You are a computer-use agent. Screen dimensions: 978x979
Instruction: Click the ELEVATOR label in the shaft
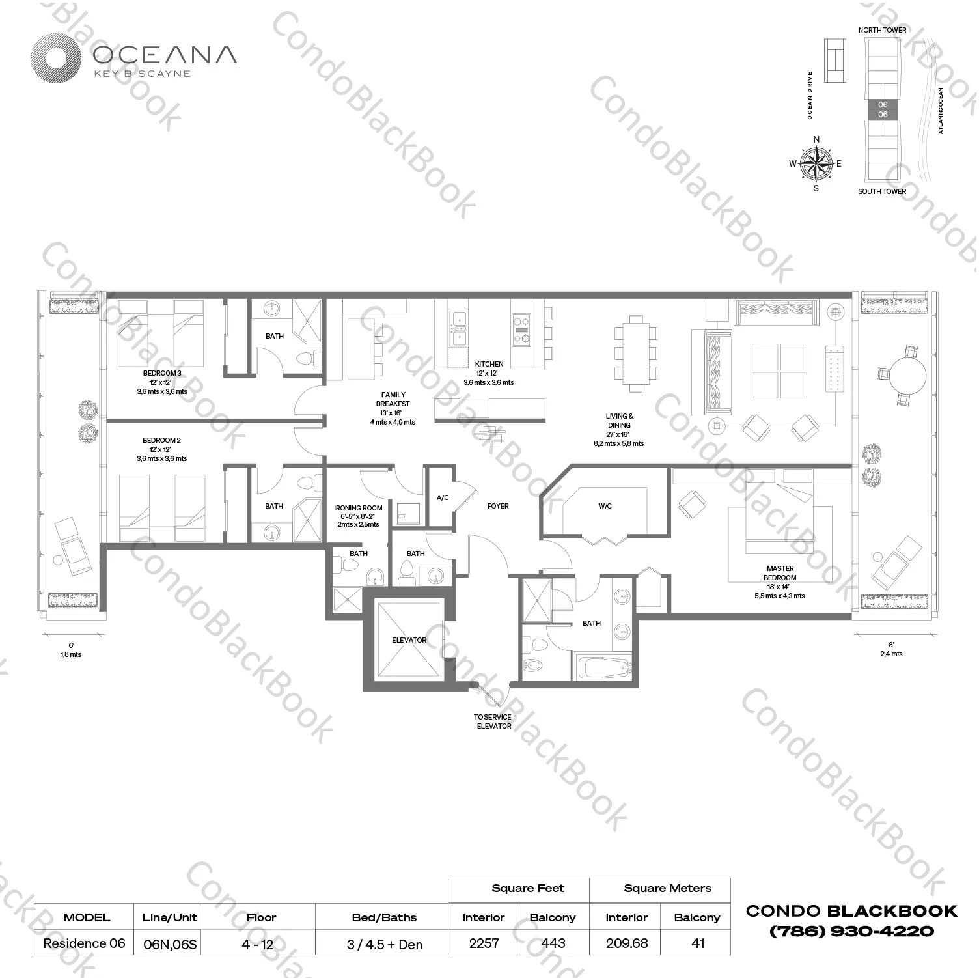click(409, 640)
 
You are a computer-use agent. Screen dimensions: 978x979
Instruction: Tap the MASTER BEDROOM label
click(780, 573)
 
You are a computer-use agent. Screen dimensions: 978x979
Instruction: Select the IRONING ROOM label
click(358, 508)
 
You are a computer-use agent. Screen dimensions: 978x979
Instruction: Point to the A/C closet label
click(443, 498)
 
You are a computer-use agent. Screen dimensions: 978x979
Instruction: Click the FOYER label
click(498, 506)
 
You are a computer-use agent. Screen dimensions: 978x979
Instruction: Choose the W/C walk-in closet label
click(605, 506)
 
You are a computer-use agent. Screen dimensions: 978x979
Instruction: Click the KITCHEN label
click(489, 364)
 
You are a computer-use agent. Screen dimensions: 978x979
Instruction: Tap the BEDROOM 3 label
click(162, 373)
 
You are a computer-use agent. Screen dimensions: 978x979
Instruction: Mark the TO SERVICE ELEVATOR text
click(493, 721)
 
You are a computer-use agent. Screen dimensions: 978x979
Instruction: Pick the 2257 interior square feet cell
click(484, 943)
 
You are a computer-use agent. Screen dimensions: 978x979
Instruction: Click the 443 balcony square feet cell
click(553, 943)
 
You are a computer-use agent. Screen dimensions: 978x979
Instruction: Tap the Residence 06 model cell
click(84, 943)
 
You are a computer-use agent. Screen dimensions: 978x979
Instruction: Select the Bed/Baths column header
click(384, 917)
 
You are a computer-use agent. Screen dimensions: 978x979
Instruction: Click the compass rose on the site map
click(816, 163)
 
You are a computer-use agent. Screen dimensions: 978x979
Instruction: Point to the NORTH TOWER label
click(882, 30)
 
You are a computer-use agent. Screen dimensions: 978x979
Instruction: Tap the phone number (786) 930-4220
click(851, 931)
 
